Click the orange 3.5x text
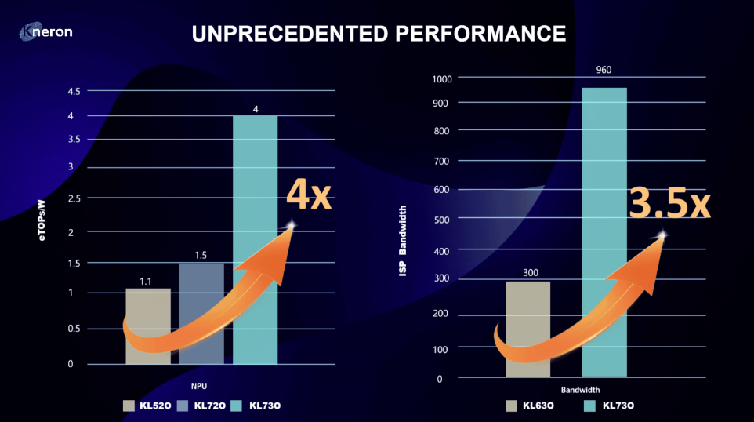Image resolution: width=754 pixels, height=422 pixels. pos(669,202)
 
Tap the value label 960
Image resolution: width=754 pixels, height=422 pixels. pos(604,70)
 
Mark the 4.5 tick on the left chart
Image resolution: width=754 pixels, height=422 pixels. pos(74,92)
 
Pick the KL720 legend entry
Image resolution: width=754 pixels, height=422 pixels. pos(203,406)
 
